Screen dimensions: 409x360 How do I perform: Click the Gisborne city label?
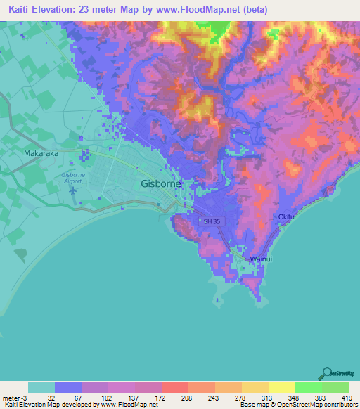pos(161,183)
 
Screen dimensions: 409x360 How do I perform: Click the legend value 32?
pos(51,398)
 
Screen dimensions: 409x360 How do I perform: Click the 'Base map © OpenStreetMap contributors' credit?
pos(297,405)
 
